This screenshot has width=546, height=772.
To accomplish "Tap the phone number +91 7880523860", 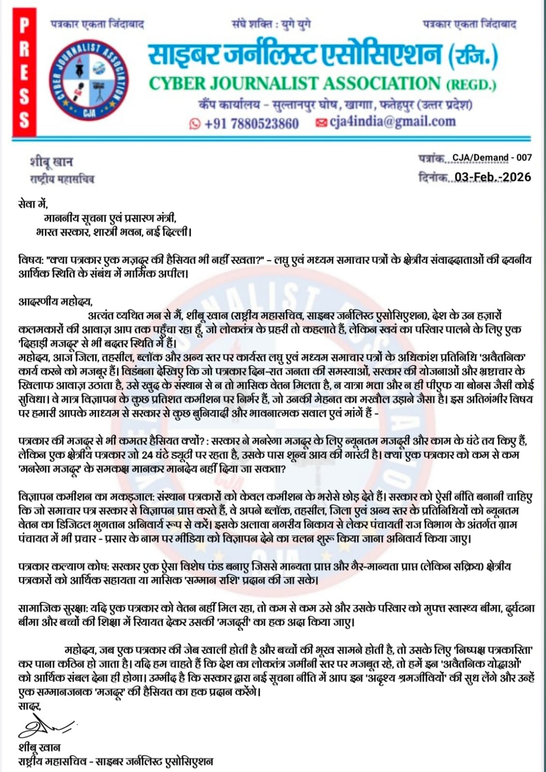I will (251, 124).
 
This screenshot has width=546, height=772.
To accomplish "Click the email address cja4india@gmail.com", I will (392, 122).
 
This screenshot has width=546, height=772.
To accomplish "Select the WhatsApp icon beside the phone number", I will (195, 124).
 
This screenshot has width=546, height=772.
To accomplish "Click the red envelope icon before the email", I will (321, 123).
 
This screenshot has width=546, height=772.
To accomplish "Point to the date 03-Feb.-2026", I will (492, 177).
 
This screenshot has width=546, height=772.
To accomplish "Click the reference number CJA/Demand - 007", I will (492, 157).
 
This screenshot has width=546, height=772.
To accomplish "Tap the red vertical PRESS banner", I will (24, 73).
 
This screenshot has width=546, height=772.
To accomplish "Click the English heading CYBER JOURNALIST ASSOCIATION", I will (294, 83).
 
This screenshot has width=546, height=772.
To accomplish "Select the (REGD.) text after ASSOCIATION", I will (471, 85).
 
